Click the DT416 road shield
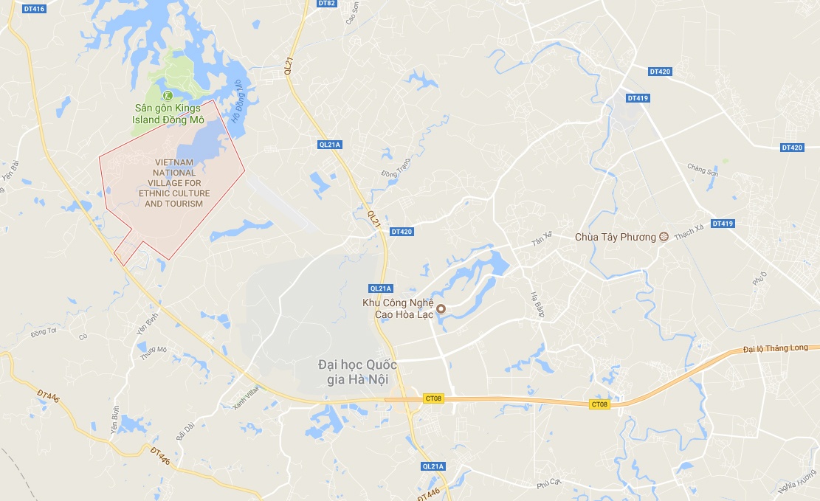(x=34, y=9)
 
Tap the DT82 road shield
(x=327, y=4)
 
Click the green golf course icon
(x=168, y=95)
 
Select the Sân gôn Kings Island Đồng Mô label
(x=168, y=114)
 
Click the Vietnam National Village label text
(x=173, y=183)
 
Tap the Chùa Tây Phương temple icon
(x=663, y=237)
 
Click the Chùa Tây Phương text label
(x=615, y=237)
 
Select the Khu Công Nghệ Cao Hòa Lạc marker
(x=441, y=309)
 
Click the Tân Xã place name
(x=542, y=243)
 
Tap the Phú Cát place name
(x=549, y=484)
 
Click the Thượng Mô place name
(x=156, y=353)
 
